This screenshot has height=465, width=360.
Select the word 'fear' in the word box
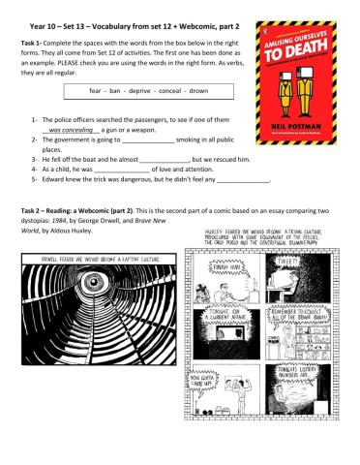point(79,90)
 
